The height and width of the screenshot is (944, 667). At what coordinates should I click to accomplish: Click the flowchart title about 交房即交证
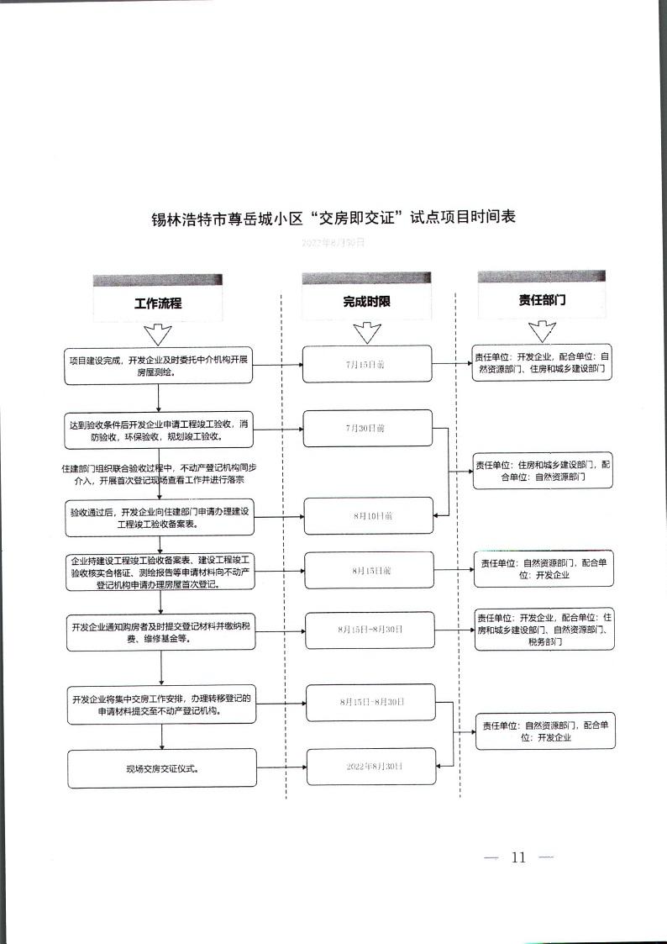coord(333,218)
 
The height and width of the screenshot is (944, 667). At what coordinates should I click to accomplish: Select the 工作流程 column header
coord(158,303)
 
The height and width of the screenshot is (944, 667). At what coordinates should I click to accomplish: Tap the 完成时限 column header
coord(366,302)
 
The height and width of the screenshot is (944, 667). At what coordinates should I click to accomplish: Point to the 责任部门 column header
coord(542,299)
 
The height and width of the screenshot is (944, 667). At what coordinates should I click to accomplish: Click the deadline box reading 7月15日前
coord(367,364)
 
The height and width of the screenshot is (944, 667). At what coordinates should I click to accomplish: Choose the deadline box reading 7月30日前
coord(367,428)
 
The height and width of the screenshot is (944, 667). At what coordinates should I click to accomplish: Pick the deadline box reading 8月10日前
coord(371,515)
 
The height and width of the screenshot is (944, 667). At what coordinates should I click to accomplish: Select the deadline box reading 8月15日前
coord(370,570)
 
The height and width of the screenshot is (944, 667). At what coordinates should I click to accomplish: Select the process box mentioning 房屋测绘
coord(158,366)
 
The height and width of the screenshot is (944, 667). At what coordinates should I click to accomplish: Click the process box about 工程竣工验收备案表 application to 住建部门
coord(159,517)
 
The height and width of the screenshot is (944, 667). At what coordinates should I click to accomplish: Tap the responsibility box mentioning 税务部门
coord(544,629)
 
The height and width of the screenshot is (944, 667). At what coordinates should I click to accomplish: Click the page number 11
coord(518,857)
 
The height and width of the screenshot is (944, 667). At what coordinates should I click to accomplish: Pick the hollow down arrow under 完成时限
coord(366,334)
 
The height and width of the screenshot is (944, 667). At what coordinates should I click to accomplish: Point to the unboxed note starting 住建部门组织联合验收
coord(158,473)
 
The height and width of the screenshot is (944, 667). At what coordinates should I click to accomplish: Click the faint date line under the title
coord(333,242)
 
